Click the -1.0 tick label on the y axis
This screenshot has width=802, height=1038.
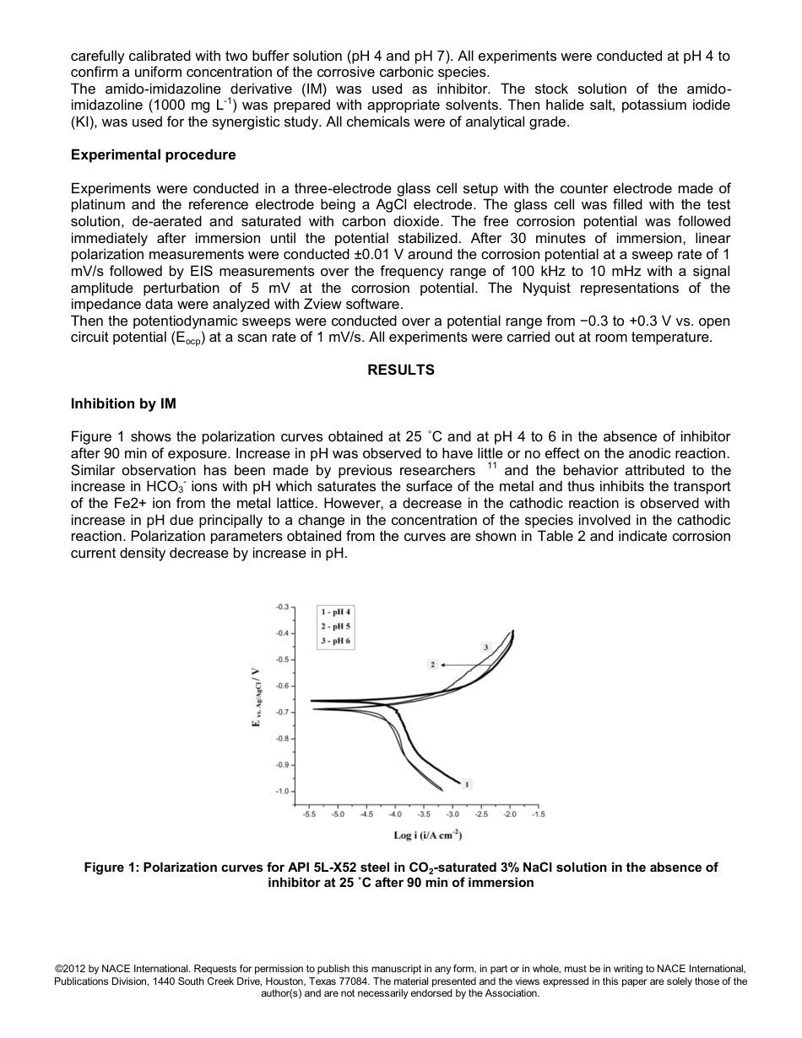282,792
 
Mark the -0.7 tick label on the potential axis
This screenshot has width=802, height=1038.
282,712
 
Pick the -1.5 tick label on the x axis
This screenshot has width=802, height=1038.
539,814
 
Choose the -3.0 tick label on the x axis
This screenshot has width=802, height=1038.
452,814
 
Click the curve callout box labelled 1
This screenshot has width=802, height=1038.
468,783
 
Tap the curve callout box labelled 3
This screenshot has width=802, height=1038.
485,646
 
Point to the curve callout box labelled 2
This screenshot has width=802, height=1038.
432,665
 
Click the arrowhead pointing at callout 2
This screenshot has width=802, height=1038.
444,665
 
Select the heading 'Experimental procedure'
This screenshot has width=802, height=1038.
153,155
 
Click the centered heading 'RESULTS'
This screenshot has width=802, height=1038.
401,370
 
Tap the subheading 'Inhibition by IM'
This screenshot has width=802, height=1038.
123,403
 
